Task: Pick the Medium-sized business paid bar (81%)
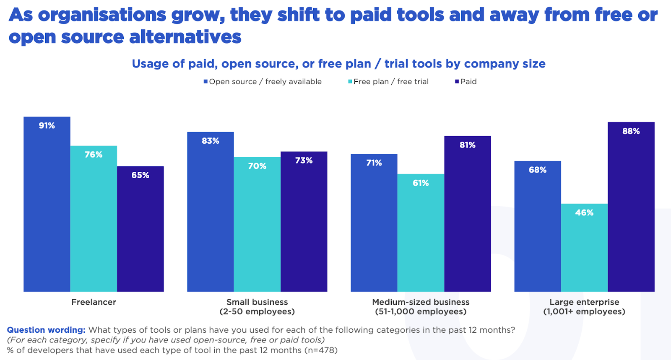coord(468,214)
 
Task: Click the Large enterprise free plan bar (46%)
coord(584,248)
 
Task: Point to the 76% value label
coord(94,155)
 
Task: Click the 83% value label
coord(211,141)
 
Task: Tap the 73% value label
coord(304,161)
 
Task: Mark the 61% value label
coord(421,183)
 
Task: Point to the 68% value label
coord(538,170)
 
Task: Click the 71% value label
coord(374,163)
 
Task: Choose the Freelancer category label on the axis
coord(94,302)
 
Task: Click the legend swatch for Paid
coord(457,82)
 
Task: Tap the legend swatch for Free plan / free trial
coord(350,82)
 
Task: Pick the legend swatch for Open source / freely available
coord(205,82)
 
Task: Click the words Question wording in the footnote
coord(46,330)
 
